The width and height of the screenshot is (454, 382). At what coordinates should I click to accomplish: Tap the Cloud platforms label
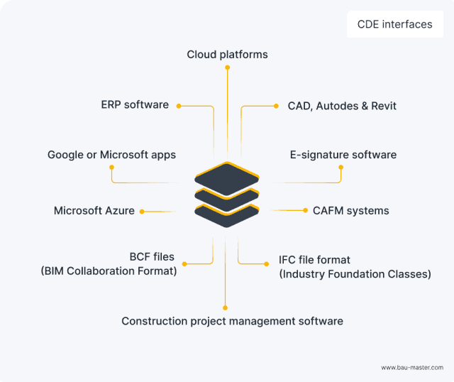(227, 54)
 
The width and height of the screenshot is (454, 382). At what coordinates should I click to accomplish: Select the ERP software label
(135, 105)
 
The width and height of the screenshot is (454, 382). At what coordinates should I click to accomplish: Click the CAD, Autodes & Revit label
(342, 106)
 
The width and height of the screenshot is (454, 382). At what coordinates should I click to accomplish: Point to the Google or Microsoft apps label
(111, 154)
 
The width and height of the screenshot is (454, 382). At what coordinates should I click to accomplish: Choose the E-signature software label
(343, 154)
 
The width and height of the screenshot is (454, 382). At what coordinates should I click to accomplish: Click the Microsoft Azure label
(94, 211)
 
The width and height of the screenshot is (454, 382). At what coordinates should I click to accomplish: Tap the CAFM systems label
(350, 211)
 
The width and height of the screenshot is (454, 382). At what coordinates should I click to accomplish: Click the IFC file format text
(314, 260)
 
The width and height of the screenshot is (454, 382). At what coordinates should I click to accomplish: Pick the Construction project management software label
(232, 321)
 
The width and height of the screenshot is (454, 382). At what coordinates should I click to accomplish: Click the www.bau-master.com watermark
(412, 367)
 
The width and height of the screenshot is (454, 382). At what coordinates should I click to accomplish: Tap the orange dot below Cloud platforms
(227, 67)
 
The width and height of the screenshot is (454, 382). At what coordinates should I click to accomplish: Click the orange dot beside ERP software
(179, 106)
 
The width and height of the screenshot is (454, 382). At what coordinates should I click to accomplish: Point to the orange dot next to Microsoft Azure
(142, 211)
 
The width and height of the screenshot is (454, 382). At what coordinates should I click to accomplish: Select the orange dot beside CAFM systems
(306, 211)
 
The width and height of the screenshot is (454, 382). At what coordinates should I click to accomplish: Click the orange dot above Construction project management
(225, 307)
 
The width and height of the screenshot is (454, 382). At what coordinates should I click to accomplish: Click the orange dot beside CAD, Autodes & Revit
(277, 106)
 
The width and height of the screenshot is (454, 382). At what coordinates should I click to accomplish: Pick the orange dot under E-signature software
(340, 168)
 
